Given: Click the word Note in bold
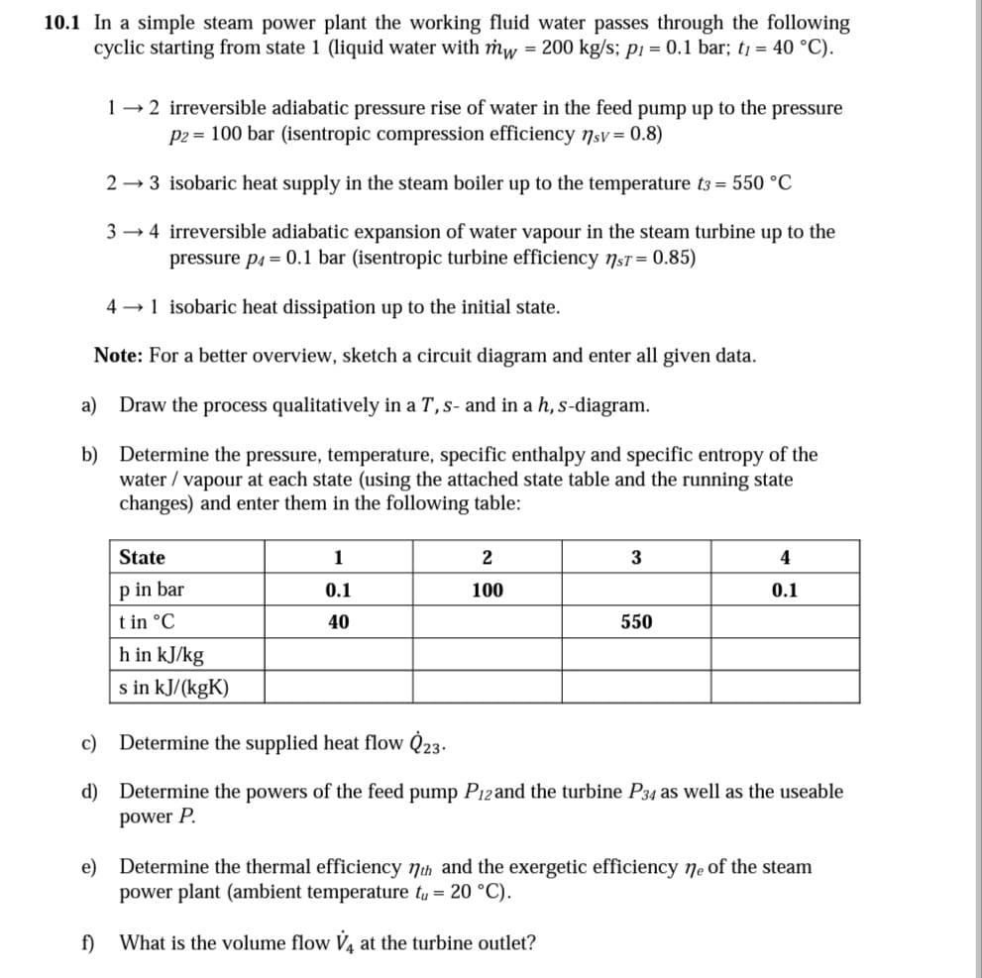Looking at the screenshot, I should (115, 356).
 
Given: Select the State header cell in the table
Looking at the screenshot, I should (143, 557).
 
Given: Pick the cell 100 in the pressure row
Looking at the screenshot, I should (487, 591).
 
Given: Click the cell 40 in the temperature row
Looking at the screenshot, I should (338, 622).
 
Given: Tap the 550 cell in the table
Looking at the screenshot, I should (636, 622).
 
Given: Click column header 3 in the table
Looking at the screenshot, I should (636, 557).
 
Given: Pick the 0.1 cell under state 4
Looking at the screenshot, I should (784, 591).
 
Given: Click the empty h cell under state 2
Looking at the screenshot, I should (487, 654).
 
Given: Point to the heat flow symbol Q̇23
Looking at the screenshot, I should (428, 742).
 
